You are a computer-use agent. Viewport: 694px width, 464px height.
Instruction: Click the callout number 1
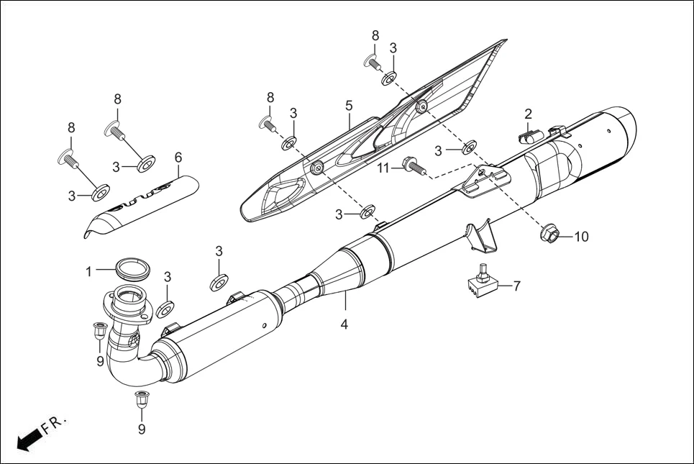coord(89,272)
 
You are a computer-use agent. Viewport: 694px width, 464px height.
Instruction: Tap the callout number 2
coord(528,114)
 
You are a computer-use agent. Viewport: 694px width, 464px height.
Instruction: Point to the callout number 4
coord(344,324)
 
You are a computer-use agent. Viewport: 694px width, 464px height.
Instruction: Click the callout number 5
coord(349,106)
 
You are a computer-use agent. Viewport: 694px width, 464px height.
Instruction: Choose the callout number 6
coord(178,157)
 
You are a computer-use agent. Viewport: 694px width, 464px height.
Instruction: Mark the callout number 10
coord(580,236)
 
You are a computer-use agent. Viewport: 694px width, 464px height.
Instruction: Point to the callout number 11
coord(383,168)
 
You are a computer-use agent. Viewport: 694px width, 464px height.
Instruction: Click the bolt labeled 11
coord(414,166)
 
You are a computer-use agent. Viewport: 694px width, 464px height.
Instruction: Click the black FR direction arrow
coord(27,440)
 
